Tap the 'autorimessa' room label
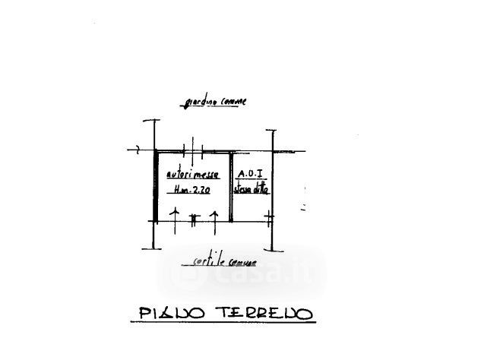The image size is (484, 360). [x=192, y=175]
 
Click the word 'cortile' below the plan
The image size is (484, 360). [x=201, y=262]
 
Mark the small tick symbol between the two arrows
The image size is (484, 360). [x=194, y=219]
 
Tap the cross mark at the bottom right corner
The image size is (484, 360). [x=270, y=219]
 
